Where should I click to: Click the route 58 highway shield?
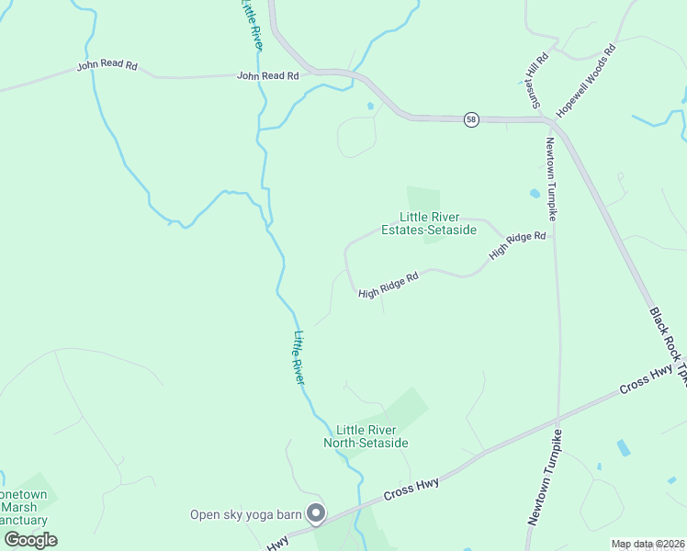(x=471, y=120)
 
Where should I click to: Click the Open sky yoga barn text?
(x=245, y=514)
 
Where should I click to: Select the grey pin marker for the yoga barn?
(x=316, y=514)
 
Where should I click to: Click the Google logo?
(x=30, y=539)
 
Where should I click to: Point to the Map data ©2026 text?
(x=648, y=544)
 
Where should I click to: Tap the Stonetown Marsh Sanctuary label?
(x=24, y=507)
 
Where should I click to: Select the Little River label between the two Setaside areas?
(x=298, y=357)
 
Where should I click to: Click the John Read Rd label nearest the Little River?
(x=268, y=76)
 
